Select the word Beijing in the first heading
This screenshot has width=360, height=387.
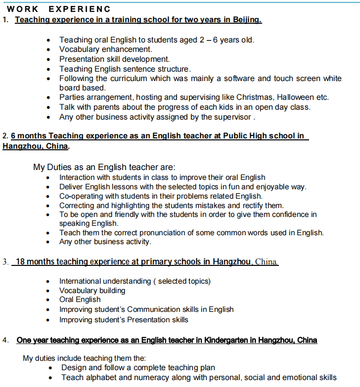[245, 20]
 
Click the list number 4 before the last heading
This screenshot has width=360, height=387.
[5, 340]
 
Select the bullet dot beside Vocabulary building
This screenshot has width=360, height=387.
[48, 291]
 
